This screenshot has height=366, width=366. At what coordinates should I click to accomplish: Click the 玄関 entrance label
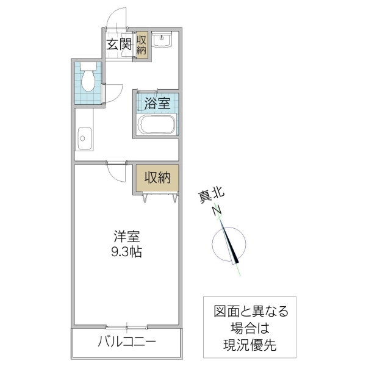click(x=119, y=44)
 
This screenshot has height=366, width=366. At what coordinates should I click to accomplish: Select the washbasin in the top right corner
click(x=162, y=40)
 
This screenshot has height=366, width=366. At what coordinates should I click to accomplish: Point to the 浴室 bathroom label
click(x=157, y=102)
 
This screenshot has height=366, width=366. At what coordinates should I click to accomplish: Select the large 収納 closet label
click(x=157, y=178)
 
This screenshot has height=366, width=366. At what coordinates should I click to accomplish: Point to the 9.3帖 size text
click(x=127, y=251)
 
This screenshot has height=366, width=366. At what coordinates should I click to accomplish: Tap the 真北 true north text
click(x=212, y=196)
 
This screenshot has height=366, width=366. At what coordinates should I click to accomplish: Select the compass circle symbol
click(x=231, y=245)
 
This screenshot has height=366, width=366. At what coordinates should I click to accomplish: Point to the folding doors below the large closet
click(x=157, y=196)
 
